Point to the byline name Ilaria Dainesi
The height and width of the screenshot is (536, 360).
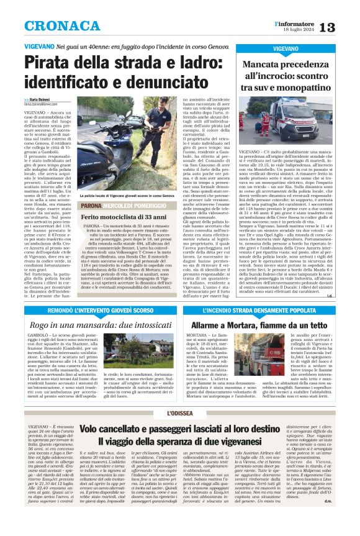[x=41, y=100]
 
